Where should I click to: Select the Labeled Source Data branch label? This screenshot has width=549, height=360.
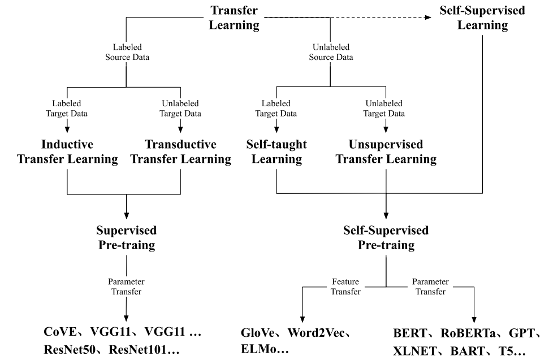126,52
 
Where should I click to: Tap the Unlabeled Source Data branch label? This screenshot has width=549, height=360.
331,52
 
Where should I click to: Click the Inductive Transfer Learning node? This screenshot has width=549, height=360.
67,151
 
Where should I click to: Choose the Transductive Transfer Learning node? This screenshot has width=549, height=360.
180,151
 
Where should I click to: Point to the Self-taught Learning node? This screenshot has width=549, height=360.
276,151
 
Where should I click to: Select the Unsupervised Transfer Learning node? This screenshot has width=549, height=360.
386,151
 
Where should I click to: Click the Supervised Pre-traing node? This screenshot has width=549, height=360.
126,238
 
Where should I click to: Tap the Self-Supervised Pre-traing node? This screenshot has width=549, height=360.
386,238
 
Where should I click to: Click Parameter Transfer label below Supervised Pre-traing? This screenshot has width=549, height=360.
126,287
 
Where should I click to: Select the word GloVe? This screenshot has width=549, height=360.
263,333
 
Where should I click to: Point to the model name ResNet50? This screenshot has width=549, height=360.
74,350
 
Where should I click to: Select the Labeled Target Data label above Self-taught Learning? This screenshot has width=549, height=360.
276,109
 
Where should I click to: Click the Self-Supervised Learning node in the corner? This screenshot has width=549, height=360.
482,18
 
